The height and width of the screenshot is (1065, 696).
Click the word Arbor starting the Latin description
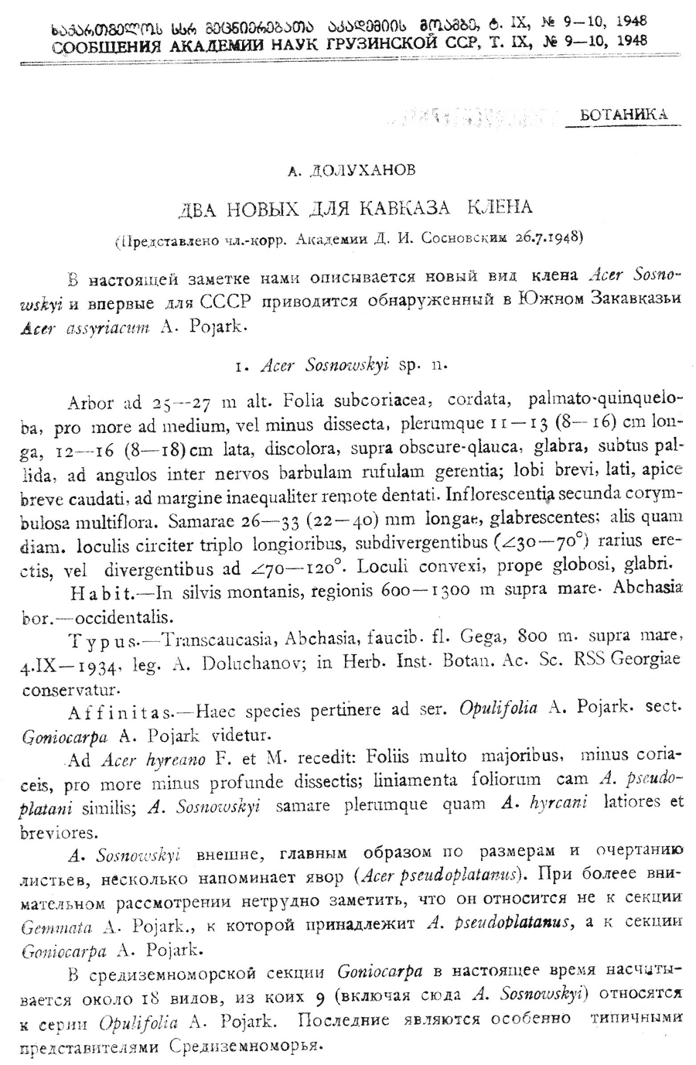[x=90, y=402]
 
